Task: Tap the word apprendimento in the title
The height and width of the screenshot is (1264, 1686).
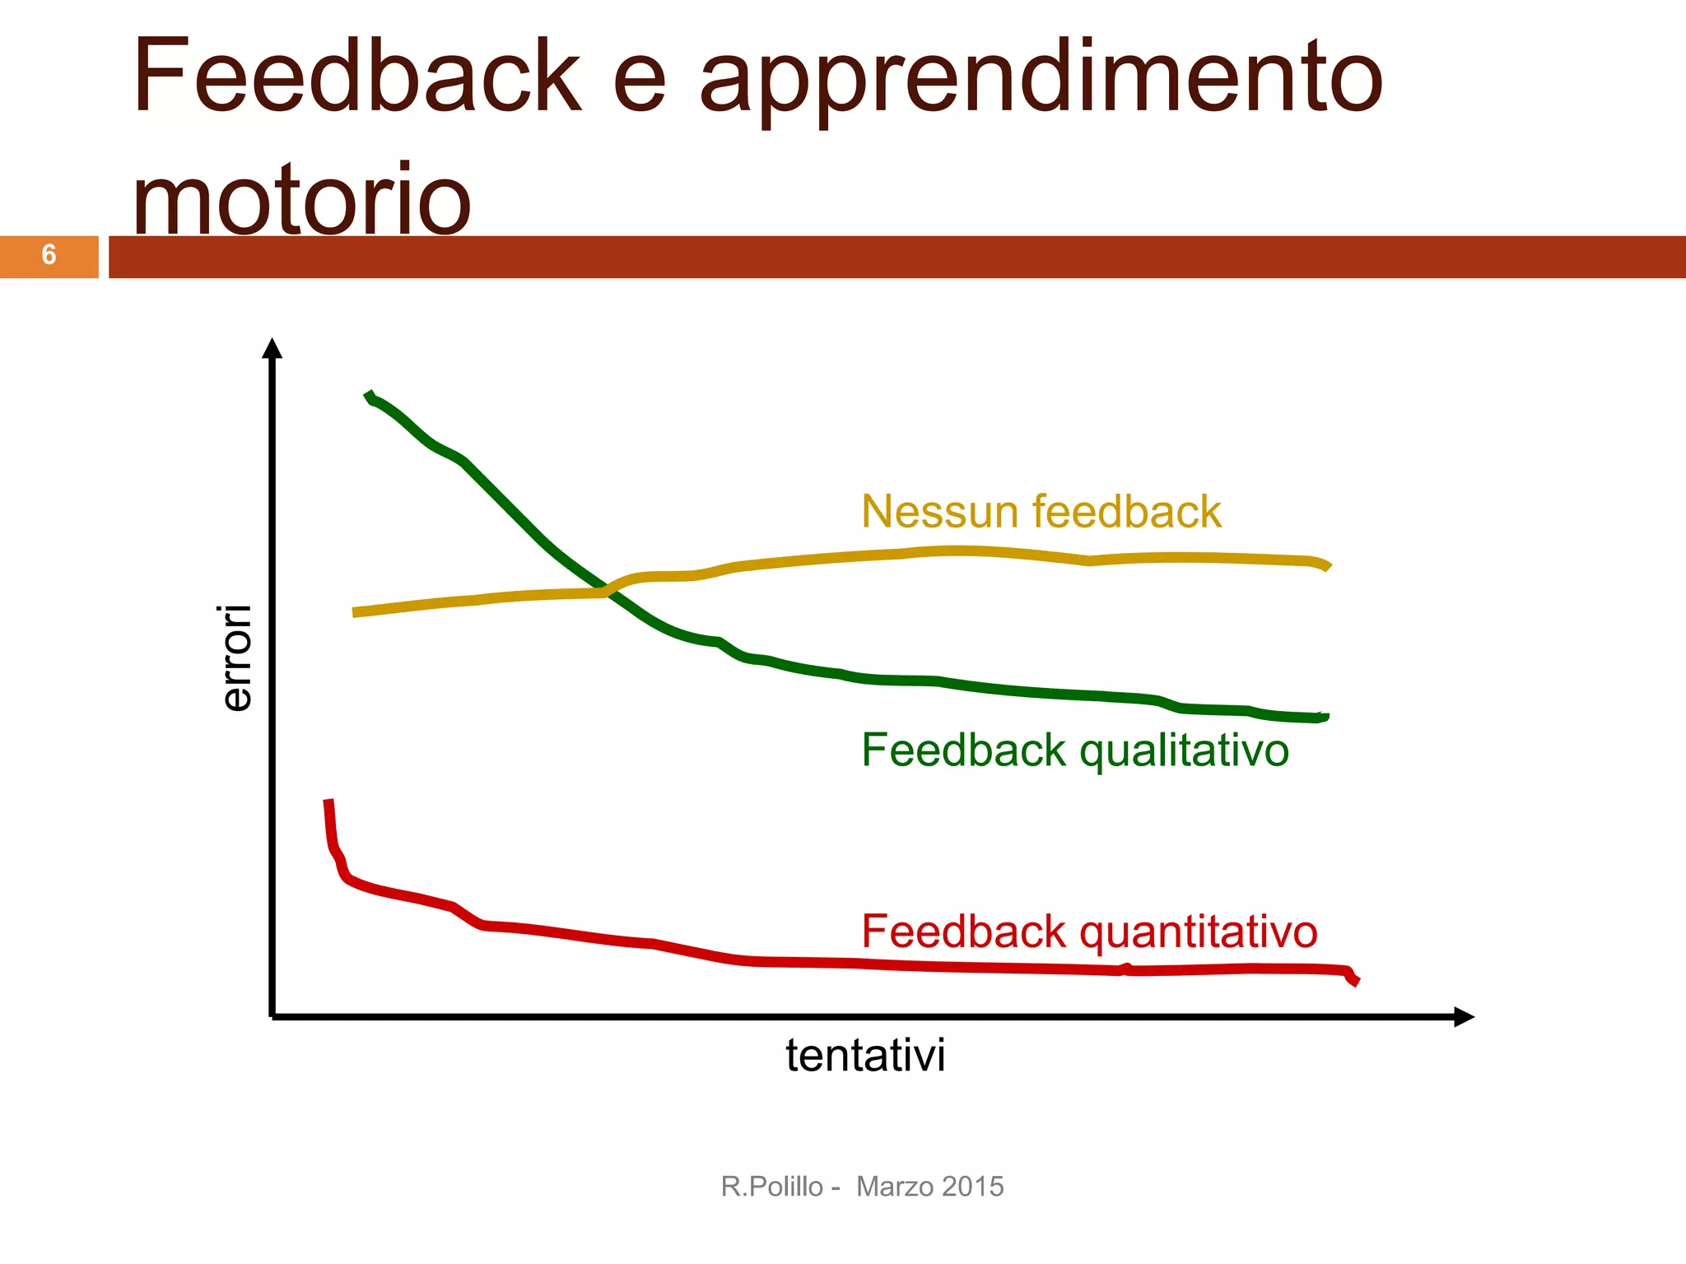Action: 1041,82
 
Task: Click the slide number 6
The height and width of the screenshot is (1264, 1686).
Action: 49,255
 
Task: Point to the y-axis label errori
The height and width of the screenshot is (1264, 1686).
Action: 236,658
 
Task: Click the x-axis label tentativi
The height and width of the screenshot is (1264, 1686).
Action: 865,1055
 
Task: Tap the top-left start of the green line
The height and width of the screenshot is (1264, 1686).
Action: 368,396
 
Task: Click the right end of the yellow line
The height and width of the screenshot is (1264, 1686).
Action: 1327,566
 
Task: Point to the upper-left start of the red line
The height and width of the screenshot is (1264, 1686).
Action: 328,802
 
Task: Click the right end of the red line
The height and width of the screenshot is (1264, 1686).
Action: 1355,981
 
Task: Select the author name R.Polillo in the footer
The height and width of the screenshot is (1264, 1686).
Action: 771,1187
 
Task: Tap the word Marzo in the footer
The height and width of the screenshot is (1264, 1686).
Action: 893,1187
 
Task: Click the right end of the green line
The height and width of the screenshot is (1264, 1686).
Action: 1325,717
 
